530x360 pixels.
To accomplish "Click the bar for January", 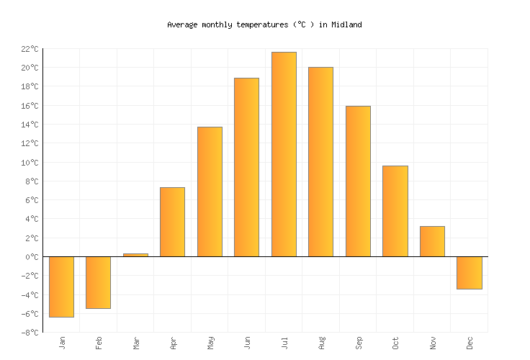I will [61, 287].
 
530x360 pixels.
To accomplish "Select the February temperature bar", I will [98, 282].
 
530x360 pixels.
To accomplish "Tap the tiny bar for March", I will [135, 255].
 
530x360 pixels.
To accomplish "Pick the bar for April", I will [172, 222].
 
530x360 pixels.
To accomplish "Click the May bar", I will [210, 192].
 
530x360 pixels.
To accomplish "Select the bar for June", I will [246, 167].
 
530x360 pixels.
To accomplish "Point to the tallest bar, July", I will [284, 154].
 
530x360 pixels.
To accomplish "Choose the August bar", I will [320, 162].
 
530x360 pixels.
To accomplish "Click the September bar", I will [358, 181].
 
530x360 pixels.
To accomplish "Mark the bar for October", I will [395, 211].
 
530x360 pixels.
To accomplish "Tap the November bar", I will [432, 241].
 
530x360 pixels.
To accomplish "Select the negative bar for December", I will [469, 273].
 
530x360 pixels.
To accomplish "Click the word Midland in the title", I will [346, 24].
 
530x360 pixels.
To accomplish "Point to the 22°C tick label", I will [29, 49].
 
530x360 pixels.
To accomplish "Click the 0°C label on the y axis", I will [31, 257].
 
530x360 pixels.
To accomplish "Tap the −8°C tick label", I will [29, 333].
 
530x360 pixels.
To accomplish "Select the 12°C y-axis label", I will [29, 143].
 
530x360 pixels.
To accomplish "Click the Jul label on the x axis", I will [284, 342].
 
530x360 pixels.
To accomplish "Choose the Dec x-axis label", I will [470, 343].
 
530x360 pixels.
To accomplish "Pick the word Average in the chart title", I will [181, 24].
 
